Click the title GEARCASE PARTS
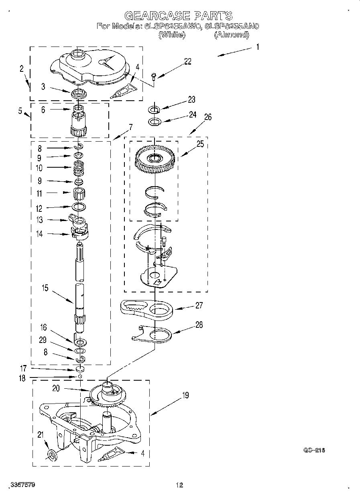(179, 16)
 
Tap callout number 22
(187, 61)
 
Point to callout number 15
(45, 288)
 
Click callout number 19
(185, 396)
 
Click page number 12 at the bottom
(179, 485)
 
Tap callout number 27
(199, 305)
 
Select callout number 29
(43, 340)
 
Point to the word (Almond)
(231, 35)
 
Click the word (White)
(172, 35)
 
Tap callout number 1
(257, 47)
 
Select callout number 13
(39, 219)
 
